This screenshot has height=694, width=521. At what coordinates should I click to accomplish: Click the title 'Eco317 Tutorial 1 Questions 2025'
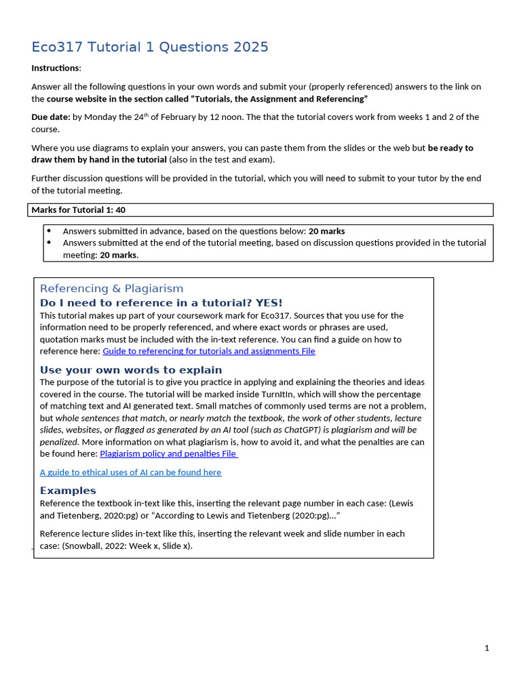point(150,47)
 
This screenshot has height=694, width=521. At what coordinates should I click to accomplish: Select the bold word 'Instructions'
point(56,68)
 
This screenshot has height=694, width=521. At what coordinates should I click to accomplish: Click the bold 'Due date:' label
point(51,117)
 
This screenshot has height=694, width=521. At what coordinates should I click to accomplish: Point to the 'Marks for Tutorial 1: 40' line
point(78,210)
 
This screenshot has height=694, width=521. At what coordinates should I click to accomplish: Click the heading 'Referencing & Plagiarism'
point(111,288)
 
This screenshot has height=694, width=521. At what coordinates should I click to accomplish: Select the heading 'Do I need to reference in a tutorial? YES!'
point(161,302)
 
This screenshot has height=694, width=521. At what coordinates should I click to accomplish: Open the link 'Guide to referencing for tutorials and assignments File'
point(208,351)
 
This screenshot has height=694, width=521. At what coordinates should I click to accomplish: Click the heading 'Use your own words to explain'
point(131,369)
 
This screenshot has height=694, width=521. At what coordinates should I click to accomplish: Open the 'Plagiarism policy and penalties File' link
point(168,453)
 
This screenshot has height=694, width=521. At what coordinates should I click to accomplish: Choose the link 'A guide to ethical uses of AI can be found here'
point(130,472)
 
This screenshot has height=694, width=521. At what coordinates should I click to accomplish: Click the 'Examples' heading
point(68,490)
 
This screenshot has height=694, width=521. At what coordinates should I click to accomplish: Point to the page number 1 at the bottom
point(486,648)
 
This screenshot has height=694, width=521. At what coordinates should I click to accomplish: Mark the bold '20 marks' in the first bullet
point(326,231)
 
